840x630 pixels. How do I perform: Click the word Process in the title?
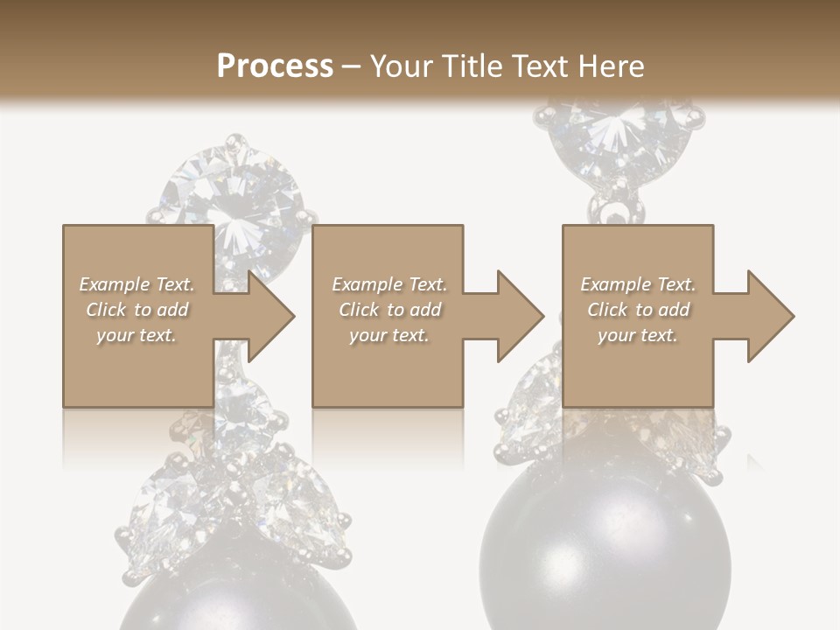275,66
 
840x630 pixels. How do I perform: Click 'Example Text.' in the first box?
136,284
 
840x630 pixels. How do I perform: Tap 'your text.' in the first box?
136,335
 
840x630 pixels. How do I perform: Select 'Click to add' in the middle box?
389,310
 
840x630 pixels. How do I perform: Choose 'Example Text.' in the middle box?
389,284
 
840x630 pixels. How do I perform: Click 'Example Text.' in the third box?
638,284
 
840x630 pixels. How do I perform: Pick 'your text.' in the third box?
638,335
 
